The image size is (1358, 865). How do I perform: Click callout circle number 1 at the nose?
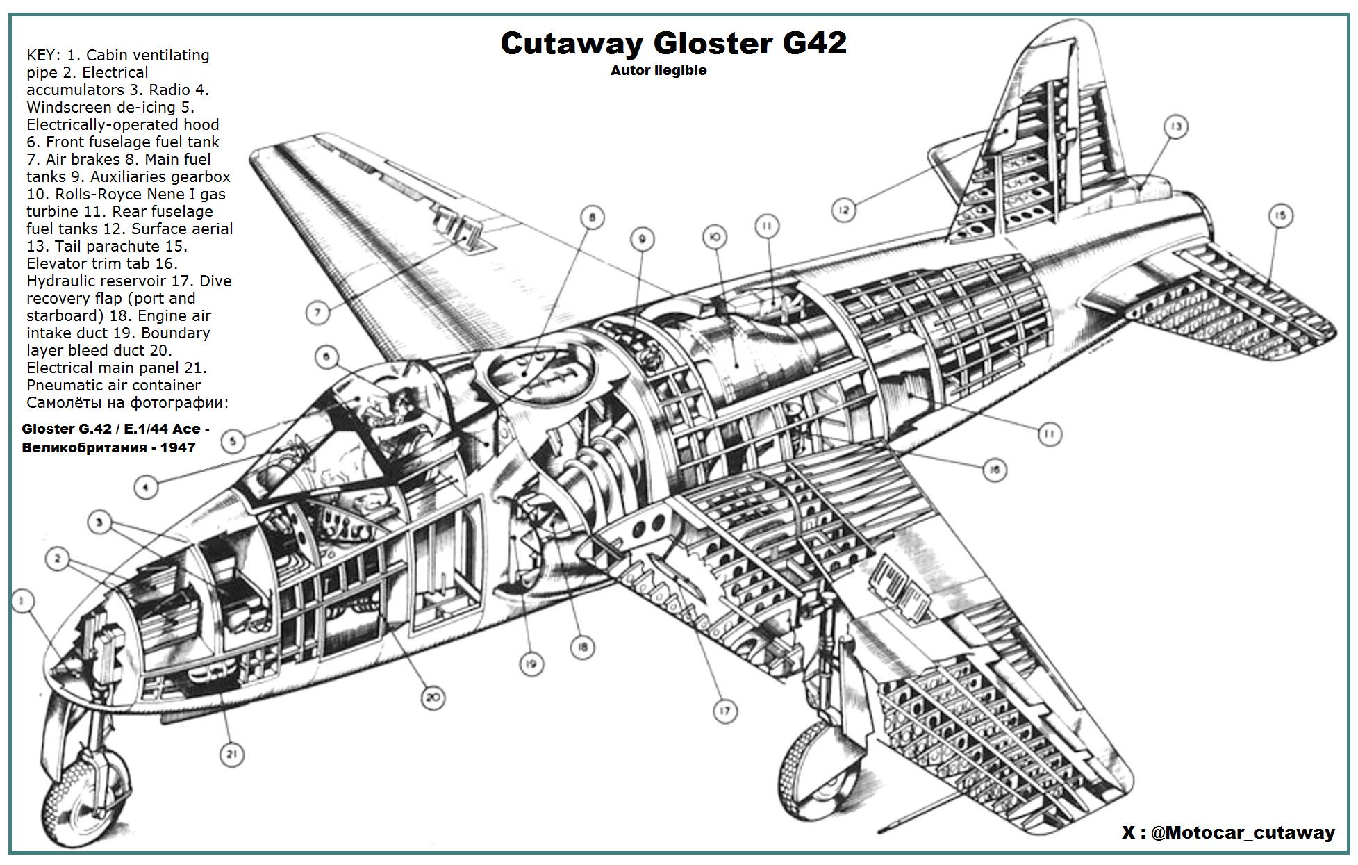pyautogui.click(x=23, y=601)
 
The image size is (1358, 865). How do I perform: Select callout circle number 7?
pyautogui.click(x=317, y=313)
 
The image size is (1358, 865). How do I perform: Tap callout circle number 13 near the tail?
pyautogui.click(x=1175, y=126)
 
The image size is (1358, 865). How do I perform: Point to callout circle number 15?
pyautogui.click(x=1281, y=216)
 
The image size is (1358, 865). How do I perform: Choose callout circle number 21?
pyautogui.click(x=231, y=755)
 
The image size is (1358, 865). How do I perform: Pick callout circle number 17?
pyautogui.click(x=724, y=711)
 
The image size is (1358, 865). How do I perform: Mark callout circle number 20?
pyautogui.click(x=433, y=698)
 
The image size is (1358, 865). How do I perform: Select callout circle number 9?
pyautogui.click(x=643, y=240)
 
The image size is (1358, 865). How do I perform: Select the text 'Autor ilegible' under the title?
pyautogui.click(x=659, y=70)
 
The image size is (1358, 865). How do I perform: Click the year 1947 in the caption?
pyautogui.click(x=178, y=447)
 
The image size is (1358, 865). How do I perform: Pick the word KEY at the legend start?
pyautogui.click(x=42, y=55)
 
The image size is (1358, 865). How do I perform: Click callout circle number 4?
pyautogui.click(x=145, y=487)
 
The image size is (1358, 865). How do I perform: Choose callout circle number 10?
pyautogui.click(x=715, y=237)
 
